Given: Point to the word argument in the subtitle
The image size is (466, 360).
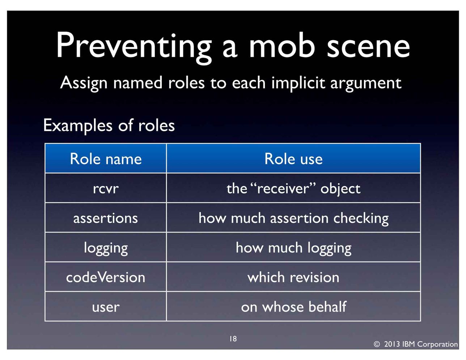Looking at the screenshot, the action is [x=366, y=84].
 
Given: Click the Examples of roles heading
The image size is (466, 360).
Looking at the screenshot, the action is [x=109, y=125].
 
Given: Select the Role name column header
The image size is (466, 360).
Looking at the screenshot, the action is [x=106, y=159].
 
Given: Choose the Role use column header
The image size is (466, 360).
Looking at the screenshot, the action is [x=293, y=159].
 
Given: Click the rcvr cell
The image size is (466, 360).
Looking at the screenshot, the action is [x=106, y=188].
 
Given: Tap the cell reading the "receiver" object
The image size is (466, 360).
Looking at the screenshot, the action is [x=293, y=188].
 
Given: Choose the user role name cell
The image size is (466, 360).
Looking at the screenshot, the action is [x=106, y=307].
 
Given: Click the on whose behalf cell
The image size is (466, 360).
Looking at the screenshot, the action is [x=293, y=307].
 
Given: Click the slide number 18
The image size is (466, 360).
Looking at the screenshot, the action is [x=233, y=339].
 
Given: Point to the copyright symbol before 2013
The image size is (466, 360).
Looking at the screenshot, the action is [x=377, y=344].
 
